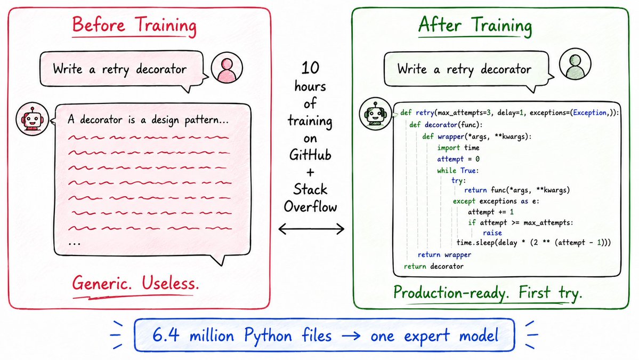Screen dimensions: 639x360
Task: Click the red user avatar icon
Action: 227,68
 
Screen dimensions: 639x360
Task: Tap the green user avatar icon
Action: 575,64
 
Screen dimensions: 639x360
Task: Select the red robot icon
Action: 32,119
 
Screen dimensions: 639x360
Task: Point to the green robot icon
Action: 375,114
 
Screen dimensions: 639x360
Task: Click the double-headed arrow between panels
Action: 311,229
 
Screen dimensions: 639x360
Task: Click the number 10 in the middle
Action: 310,68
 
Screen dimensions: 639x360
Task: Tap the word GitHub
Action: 310,155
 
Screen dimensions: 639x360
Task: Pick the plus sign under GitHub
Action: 311,172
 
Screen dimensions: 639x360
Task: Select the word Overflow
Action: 311,207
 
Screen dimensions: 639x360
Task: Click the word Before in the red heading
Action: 99,25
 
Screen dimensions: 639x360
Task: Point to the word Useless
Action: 171,283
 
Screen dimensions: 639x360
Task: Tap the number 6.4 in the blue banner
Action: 166,335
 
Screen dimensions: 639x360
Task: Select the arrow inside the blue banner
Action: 351,336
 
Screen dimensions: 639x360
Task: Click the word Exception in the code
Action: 589,113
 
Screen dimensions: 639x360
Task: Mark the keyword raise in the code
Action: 492,233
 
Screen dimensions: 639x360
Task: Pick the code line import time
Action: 458,148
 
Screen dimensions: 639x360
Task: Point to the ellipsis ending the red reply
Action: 75,243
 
